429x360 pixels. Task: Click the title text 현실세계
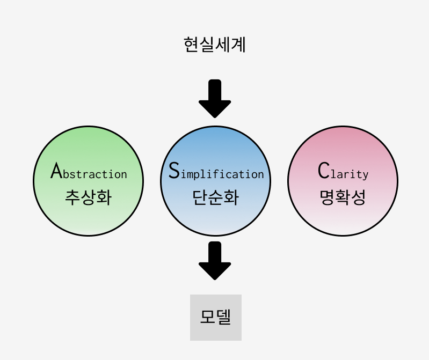[x=214, y=45]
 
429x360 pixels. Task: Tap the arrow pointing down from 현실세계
[x=215, y=99]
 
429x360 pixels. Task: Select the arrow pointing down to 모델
[x=215, y=261]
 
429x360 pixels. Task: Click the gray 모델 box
[x=216, y=318]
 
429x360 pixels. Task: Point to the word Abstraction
[x=89, y=172]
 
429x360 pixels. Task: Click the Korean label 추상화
[x=88, y=197]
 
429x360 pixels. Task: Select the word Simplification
[x=216, y=172]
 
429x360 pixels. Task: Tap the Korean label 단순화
[x=215, y=197]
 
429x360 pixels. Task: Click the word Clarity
[x=343, y=172]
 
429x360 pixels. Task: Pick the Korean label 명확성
[x=343, y=197]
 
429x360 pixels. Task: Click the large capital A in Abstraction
[x=56, y=171]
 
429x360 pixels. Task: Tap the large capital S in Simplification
[x=173, y=170]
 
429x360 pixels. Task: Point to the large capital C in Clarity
[x=323, y=171]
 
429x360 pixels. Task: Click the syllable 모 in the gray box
[x=208, y=317]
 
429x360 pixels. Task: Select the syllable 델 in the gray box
[x=224, y=317]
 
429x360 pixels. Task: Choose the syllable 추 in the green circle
[x=72, y=197]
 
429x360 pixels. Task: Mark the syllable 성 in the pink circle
[x=358, y=197]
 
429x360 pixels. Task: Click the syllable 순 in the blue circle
[x=215, y=197]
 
